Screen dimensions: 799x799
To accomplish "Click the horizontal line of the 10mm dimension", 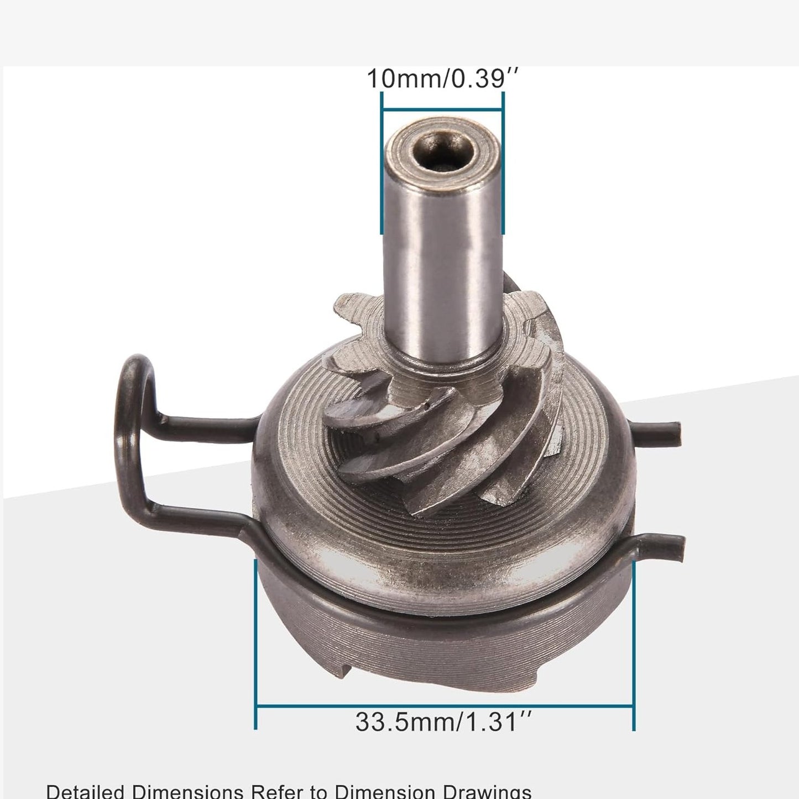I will click(x=442, y=108).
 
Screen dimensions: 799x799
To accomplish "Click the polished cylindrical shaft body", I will click(x=442, y=249).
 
